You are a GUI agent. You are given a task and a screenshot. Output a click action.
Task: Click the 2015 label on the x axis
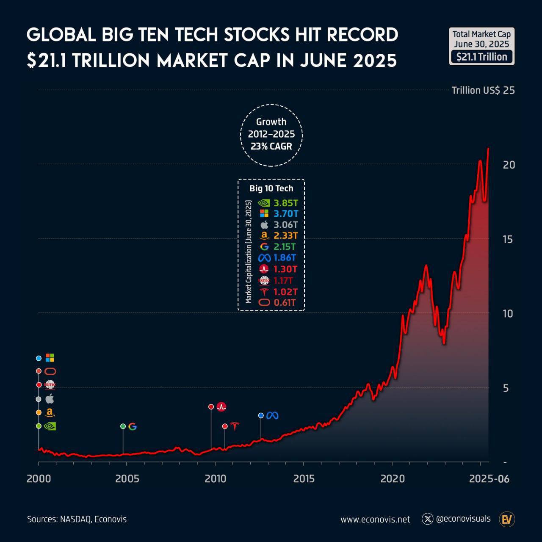click(304, 479)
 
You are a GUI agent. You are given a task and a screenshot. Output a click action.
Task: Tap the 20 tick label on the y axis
click(509, 165)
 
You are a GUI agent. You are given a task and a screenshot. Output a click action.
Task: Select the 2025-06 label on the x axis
click(489, 479)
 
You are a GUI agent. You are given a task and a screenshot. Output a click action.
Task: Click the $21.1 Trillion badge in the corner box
click(482, 57)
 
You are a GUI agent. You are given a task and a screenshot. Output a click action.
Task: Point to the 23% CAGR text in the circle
click(271, 146)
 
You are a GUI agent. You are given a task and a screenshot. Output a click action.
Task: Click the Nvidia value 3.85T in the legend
click(286, 203)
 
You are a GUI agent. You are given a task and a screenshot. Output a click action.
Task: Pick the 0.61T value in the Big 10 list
click(285, 302)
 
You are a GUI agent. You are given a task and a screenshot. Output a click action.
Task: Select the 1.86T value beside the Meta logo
click(285, 257)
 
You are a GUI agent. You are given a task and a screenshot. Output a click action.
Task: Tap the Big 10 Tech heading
click(271, 188)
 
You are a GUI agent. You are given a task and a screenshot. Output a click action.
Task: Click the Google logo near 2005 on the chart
click(133, 426)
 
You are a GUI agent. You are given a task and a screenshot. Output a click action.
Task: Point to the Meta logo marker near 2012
click(272, 415)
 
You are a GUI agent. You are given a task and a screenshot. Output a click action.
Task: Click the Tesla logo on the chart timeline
click(234, 426)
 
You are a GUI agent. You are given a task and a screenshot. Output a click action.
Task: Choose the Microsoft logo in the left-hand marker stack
click(50, 358)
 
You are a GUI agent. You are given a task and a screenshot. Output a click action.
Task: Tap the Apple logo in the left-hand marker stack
click(50, 398)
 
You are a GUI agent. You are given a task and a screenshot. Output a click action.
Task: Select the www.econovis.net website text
click(375, 519)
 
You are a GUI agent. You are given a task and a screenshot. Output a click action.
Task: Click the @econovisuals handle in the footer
click(463, 519)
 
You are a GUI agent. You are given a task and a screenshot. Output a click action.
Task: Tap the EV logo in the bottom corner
click(506, 519)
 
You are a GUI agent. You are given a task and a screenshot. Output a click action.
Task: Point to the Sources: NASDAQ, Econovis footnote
click(77, 519)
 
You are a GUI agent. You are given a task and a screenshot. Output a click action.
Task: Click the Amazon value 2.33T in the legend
click(286, 235)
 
